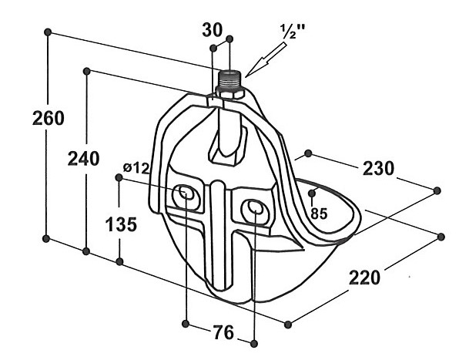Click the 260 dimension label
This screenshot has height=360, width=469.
pos(49,118)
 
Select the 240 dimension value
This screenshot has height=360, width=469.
pos(83,159)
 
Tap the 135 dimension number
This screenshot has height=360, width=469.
pos(121,224)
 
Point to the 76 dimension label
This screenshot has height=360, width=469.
pos(223,332)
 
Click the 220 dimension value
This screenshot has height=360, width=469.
pos(364,278)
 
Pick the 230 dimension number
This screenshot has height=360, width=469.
pos(378,168)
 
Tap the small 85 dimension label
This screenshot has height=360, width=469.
pos(319,214)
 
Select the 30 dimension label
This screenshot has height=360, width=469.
pos(213,30)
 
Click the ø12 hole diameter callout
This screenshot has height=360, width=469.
pos(136,168)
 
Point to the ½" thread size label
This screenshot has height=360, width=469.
pos(293,31)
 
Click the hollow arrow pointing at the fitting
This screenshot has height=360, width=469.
pos(266,59)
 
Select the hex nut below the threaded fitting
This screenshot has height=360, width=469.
pos(230,92)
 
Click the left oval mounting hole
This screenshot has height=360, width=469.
pos(186,193)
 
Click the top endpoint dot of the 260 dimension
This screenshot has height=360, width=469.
pos(48,32)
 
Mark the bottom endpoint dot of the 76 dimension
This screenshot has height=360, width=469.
pos(253,343)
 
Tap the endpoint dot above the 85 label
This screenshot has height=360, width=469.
pos(312,193)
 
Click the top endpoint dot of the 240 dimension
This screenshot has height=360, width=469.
pos(87,71)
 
